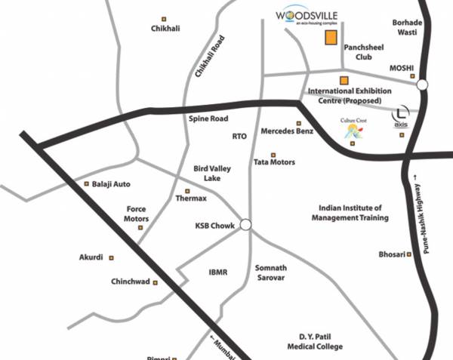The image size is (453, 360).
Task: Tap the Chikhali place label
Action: (165, 29)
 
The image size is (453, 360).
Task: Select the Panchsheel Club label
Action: (364, 51)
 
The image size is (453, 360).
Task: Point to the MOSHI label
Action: (401, 69)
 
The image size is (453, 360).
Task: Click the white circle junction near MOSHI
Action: (421, 85)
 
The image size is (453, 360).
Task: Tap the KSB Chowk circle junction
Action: (245, 225)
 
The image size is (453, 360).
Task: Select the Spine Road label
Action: (208, 119)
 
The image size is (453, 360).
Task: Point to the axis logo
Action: (401, 118)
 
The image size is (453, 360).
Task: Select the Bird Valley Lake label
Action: (211, 173)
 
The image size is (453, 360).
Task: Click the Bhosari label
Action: (392, 254)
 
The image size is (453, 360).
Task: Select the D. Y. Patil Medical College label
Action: (321, 342)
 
